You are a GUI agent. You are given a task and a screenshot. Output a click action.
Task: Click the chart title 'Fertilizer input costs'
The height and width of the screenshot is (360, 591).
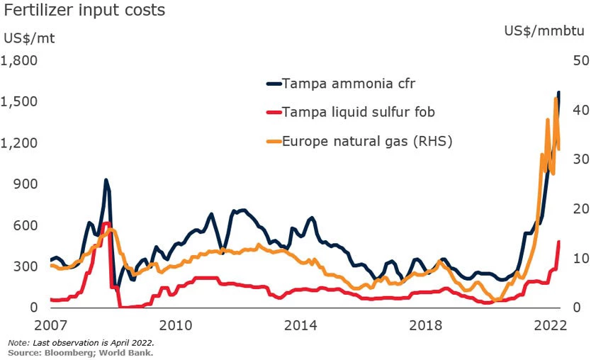coord(84,11)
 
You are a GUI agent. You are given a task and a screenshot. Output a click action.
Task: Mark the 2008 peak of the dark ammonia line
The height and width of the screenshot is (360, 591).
coord(106,180)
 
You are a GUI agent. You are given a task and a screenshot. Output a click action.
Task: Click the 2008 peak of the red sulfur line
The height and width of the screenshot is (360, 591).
coord(106,223)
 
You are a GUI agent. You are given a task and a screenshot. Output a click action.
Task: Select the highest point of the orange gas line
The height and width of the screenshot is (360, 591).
coord(556,99)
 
